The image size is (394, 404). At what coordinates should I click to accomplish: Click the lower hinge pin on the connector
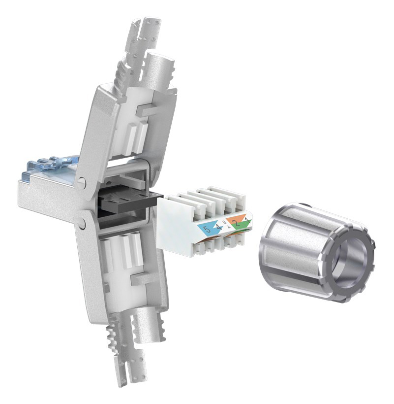82,224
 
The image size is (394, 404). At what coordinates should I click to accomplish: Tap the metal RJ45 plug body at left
44,197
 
